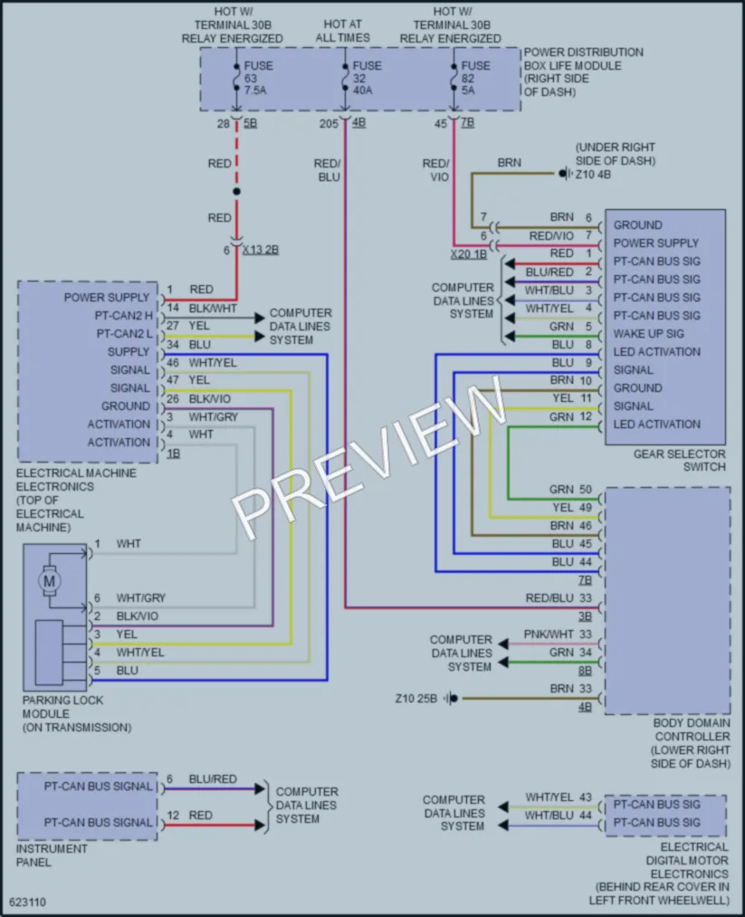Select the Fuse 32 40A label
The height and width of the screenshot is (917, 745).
tap(367, 78)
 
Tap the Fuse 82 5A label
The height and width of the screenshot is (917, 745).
tap(475, 78)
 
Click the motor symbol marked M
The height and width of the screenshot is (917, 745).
tap(49, 581)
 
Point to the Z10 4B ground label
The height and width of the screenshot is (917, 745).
tap(593, 174)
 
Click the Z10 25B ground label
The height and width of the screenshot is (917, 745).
tap(415, 698)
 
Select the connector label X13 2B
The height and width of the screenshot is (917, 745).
tap(260, 250)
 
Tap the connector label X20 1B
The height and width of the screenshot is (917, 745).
tap(468, 254)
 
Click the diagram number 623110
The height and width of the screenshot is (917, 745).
tap(27, 902)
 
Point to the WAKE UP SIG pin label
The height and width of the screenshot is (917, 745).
tap(648, 334)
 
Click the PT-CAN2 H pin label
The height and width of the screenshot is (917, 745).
tap(123, 316)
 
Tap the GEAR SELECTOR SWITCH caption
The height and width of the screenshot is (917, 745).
tap(680, 460)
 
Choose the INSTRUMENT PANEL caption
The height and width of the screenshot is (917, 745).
tap(52, 855)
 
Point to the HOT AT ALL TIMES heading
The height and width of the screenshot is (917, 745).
tap(343, 31)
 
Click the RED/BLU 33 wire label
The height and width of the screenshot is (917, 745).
tap(559, 597)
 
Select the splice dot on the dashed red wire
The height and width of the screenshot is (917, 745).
tap(236, 191)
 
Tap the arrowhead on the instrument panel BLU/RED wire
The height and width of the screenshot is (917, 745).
tap(260, 789)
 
